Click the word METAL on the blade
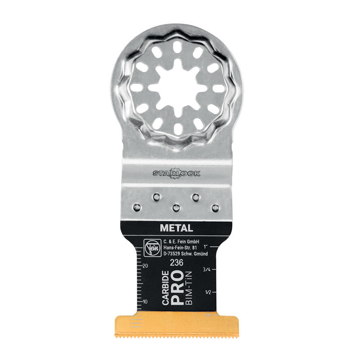point(176,228)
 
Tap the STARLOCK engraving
point(176,173)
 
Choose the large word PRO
point(178,288)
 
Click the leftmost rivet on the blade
point(136,207)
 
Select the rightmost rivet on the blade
point(216,207)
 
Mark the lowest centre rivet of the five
point(176,208)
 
